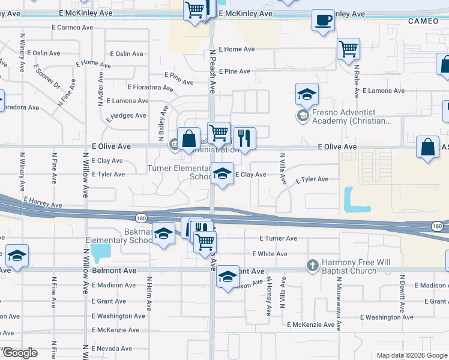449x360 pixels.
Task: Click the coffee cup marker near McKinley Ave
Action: (x=323, y=20)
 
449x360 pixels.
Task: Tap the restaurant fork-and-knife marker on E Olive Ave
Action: (x=244, y=139)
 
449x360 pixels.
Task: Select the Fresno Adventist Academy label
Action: (x=348, y=117)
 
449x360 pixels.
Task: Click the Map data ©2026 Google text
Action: (x=411, y=355)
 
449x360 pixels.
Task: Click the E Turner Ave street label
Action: (x=276, y=238)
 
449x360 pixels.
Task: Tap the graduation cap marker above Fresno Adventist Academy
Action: (x=306, y=94)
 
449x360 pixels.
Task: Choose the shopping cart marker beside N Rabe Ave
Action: (x=348, y=50)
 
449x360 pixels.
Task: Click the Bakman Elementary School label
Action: (x=118, y=236)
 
